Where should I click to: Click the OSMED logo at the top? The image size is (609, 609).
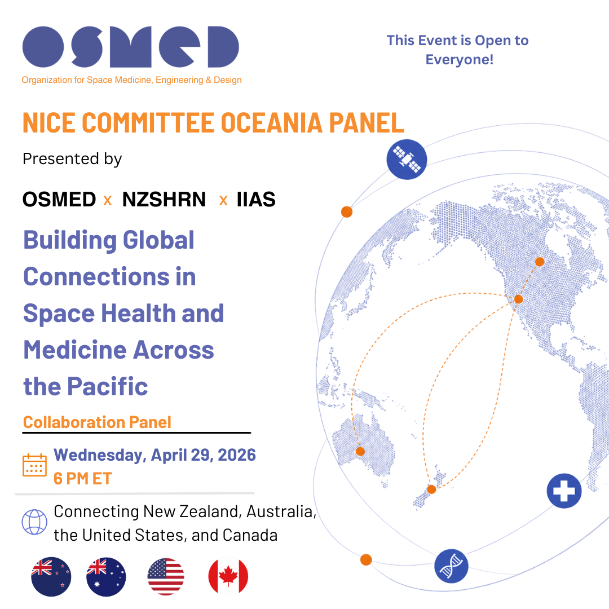[131, 47]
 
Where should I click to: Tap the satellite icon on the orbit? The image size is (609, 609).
[407, 160]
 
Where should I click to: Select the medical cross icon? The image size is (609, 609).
[564, 491]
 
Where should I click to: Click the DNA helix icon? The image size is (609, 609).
[451, 566]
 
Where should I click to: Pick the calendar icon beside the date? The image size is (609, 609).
[34, 465]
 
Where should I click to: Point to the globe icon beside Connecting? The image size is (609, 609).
[34, 522]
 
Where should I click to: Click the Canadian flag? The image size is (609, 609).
[228, 577]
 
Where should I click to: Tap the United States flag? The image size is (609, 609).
[166, 577]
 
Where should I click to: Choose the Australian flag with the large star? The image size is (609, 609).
[106, 577]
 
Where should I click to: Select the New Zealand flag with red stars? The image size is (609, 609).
[51, 577]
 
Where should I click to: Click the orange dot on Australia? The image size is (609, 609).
[360, 451]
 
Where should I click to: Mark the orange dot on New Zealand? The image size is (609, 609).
[431, 489]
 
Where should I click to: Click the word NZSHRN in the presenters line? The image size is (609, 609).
[164, 200]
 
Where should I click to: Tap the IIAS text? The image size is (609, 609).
[255, 200]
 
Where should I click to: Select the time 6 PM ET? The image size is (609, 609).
[83, 479]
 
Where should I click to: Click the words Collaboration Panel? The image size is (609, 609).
[97, 422]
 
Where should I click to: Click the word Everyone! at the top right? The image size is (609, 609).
[460, 60]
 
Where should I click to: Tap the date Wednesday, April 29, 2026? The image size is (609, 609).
[155, 455]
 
